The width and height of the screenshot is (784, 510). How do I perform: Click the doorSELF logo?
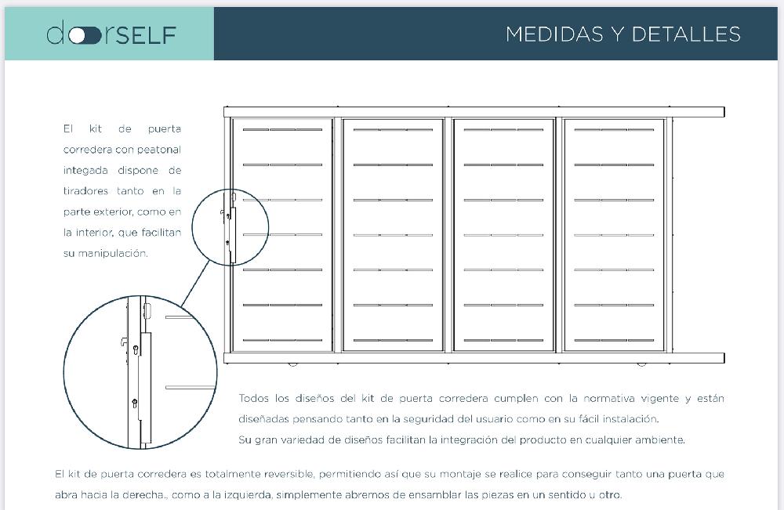point(111,34)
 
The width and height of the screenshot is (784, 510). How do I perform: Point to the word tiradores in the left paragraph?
point(86,190)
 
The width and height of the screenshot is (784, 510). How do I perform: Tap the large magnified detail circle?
point(140,374)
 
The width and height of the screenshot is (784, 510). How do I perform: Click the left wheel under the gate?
point(294,364)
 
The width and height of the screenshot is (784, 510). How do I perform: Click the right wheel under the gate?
point(641,364)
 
